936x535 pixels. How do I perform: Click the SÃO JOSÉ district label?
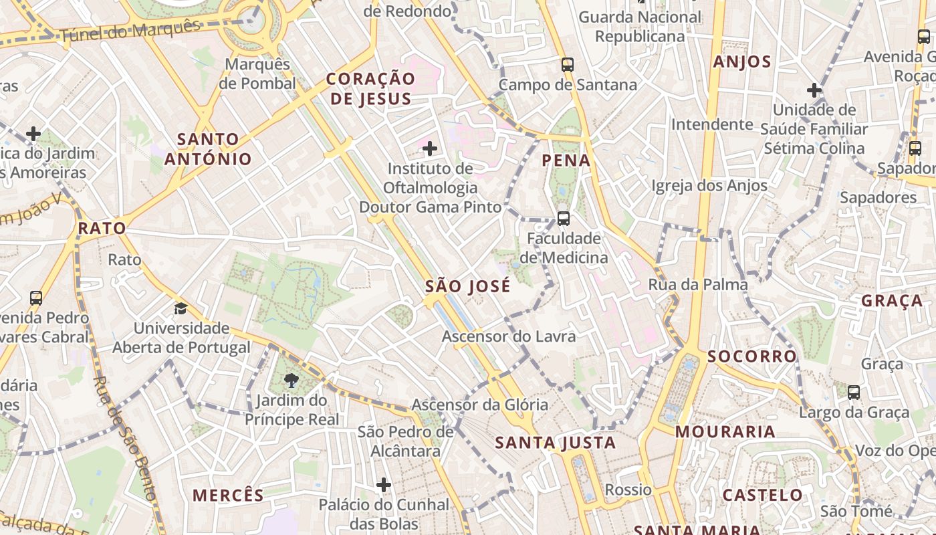467,287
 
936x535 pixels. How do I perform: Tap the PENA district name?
566,160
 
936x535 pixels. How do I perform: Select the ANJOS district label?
742,62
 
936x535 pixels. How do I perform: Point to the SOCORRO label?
752,356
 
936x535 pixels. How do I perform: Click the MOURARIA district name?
725,432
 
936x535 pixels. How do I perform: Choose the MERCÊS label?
229,496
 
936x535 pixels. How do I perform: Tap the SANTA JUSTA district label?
556,443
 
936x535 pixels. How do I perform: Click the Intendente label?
712,124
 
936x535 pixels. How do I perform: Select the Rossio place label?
628,490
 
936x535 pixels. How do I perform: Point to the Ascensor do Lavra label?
509,336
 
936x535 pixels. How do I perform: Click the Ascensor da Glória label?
479,405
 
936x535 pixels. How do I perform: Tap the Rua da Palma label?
698,285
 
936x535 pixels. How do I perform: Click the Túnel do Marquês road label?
130,32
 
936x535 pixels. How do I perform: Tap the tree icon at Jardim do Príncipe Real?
291,381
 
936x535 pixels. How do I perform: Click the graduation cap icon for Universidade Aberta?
181,308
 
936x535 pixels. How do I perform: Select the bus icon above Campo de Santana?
568,65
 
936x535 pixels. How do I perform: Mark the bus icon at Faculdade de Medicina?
564,219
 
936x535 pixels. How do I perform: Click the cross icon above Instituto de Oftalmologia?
430,148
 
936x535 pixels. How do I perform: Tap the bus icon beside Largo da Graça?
854,393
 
